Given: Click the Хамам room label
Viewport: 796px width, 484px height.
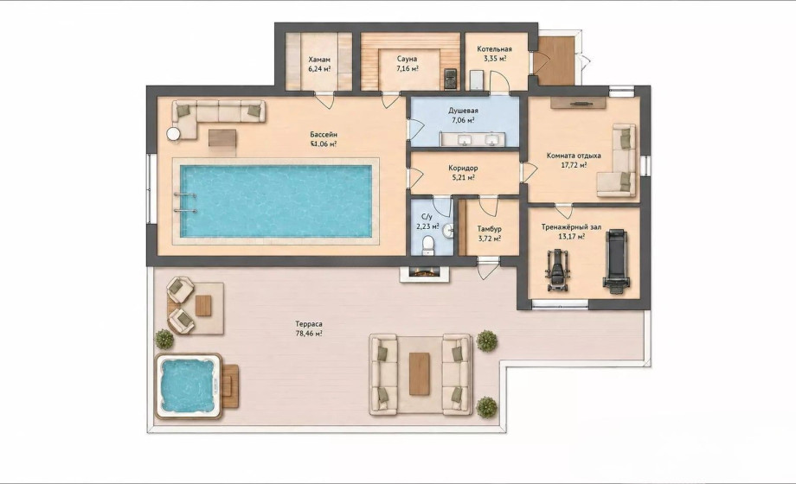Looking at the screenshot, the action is (318, 60).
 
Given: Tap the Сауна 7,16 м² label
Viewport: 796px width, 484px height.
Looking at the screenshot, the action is (408, 63).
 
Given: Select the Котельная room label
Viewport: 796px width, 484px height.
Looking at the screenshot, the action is (494, 49).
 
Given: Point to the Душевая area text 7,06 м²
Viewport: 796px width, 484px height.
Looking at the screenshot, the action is (462, 120).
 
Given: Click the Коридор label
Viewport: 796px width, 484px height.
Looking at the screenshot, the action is (463, 168).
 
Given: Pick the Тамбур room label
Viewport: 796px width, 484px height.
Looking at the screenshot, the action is (490, 229).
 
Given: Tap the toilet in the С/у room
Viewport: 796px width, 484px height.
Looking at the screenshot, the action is (429, 245).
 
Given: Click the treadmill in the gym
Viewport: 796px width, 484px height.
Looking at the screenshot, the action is (616, 261).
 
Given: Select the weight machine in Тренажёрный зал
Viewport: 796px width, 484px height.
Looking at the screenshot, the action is (558, 270).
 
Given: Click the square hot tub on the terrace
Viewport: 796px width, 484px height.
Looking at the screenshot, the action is (189, 386).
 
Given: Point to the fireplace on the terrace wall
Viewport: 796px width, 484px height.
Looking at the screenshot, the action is (425, 273).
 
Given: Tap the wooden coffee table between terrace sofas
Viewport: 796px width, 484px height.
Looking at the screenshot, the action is (420, 374).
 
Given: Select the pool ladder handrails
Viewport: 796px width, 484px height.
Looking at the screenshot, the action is (185, 202).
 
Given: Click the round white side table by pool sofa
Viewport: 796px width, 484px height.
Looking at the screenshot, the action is (174, 134).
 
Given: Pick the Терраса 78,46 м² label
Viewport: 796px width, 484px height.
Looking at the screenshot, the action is (309, 328).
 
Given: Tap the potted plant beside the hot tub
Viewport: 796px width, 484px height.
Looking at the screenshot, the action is (164, 339).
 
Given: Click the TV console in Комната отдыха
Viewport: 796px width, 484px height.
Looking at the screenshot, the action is (579, 103).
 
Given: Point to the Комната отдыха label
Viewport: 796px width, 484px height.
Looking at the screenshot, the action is (574, 156).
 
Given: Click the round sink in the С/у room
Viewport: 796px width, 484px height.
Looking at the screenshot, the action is (448, 232).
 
